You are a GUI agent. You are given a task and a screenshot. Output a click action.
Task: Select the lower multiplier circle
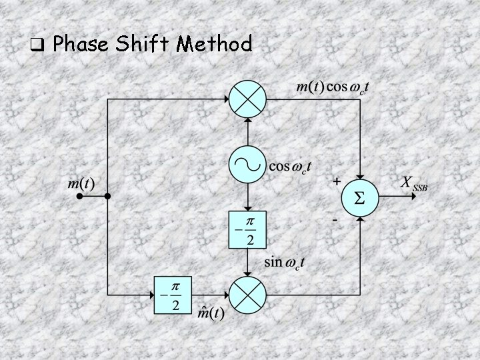click(x=247, y=294)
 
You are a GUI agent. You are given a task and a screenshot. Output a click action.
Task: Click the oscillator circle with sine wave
click(x=247, y=164)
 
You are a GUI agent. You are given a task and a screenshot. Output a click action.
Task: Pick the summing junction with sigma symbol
click(x=360, y=197)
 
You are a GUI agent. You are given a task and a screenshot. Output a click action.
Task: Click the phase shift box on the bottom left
click(x=173, y=294)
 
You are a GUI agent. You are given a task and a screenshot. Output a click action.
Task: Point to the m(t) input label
click(x=80, y=182)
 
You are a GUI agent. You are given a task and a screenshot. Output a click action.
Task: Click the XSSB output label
click(x=413, y=183)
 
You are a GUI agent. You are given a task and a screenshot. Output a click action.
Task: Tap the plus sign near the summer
click(x=337, y=181)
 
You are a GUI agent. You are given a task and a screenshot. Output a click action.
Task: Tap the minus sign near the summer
click(x=337, y=218)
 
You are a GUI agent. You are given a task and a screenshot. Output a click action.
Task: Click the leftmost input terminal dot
click(x=79, y=197)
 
